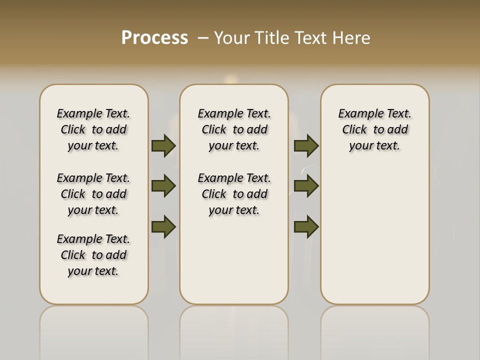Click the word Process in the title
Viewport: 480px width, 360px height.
coord(154,37)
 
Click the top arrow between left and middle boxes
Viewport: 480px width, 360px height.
coord(163,145)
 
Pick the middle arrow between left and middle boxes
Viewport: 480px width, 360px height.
coord(163,186)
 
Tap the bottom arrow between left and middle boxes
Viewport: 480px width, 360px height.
coord(163,226)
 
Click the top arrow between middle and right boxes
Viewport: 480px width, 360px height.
coord(306,145)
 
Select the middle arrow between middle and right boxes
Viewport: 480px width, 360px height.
coord(306,186)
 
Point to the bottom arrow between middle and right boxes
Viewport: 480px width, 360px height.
coord(306,226)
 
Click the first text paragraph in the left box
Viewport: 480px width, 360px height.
coord(93,129)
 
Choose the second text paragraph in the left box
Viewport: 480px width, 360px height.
coord(93,194)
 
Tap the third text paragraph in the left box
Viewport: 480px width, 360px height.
coord(93,255)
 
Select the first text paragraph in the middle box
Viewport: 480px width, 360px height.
coord(234,129)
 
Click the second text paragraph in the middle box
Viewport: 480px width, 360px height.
coord(234,194)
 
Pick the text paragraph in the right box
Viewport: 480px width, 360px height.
coord(375,129)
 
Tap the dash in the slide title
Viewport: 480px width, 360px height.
coord(203,37)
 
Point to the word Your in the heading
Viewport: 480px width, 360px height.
coord(233,37)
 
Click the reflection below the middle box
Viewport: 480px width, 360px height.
coord(234,330)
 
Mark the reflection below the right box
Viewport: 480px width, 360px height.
coord(375,330)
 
